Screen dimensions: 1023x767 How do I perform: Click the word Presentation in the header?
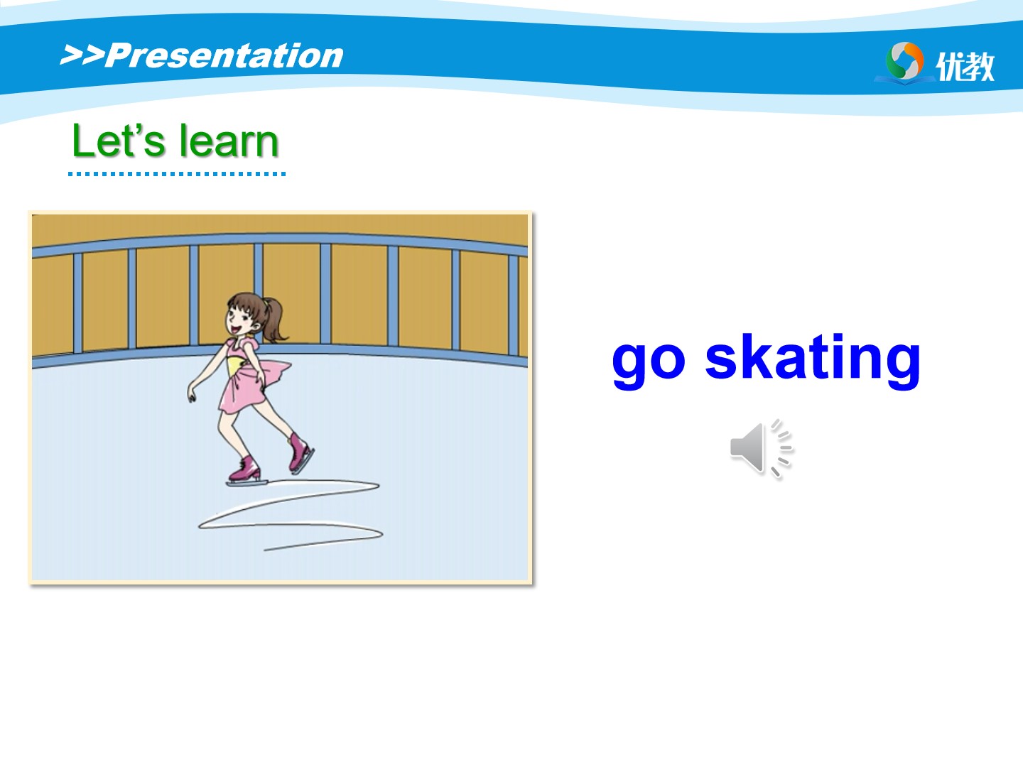pos(224,56)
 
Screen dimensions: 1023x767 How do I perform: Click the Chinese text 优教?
pos(965,65)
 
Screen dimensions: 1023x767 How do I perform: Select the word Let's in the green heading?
pos(119,140)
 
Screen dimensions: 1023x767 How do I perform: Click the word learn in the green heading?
pos(229,140)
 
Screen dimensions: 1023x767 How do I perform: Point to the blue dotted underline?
pos(177,174)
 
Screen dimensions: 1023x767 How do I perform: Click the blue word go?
pos(649,362)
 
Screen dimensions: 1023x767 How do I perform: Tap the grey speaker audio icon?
pos(761,448)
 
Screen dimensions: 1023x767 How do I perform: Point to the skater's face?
pos(239,320)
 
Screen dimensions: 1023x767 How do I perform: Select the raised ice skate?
pos(300,453)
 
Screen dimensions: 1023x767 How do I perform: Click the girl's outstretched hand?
pos(192,394)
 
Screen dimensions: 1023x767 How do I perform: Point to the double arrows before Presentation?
pos(82,55)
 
